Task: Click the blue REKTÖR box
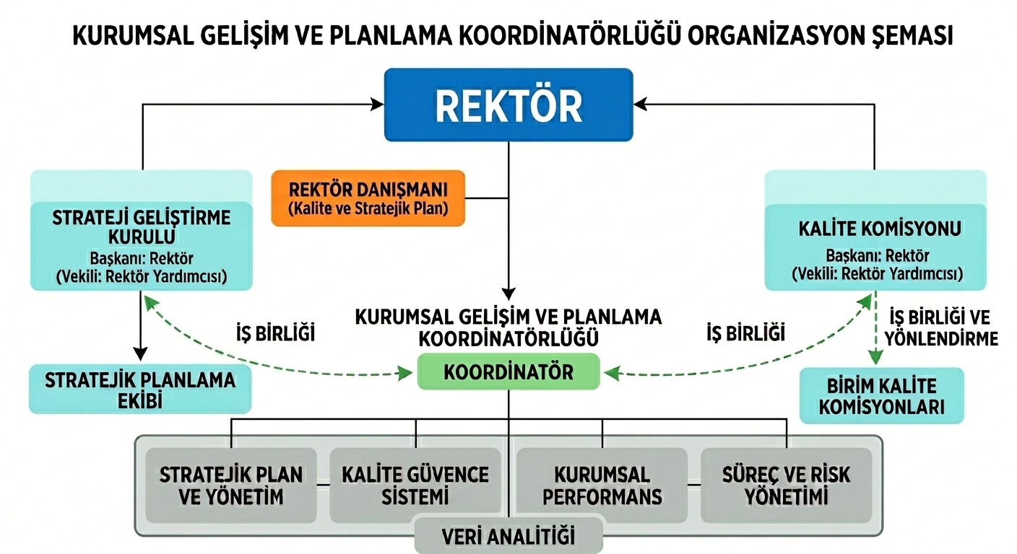508,105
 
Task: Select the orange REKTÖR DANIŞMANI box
368,198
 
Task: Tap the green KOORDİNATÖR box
508,371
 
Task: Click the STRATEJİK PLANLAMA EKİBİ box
140,390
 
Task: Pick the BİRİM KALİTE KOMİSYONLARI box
882,396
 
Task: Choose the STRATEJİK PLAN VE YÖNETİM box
231,485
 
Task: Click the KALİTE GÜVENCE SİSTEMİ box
415,485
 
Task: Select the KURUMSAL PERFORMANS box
602,485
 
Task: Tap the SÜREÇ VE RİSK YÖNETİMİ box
787,485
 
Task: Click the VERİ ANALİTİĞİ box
508,536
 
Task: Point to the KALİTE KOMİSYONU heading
880,229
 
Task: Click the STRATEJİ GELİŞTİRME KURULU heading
141,227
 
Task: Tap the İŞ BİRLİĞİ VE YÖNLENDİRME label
941,327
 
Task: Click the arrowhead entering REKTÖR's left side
377,105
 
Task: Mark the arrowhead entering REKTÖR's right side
640,105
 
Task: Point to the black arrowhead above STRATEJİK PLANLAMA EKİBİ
140,354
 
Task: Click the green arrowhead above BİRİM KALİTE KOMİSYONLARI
876,357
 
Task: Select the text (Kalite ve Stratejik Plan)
368,208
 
